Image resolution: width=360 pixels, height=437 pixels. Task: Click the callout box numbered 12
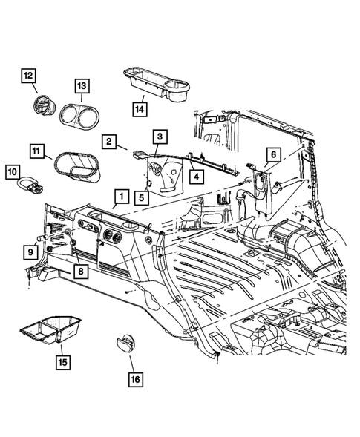[28, 76]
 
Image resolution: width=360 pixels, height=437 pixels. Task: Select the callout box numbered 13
[82, 86]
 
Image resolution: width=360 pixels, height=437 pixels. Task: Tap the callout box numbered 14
[140, 109]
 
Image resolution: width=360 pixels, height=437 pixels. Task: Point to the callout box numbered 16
[136, 379]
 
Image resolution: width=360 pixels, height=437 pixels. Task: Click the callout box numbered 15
[63, 362]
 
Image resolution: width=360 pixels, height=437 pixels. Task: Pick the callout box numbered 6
[273, 154]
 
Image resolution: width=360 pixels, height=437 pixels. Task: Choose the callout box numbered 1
[122, 197]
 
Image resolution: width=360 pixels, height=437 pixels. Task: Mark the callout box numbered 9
[30, 252]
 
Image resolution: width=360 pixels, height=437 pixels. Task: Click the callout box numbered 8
[81, 271]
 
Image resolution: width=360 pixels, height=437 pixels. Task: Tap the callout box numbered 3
[160, 137]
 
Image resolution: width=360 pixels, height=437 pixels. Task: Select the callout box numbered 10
[13, 172]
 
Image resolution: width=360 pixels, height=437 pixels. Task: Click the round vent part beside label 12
[45, 105]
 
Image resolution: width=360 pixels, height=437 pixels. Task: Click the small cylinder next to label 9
[42, 238]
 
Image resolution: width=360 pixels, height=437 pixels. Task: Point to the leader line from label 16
[132, 364]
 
